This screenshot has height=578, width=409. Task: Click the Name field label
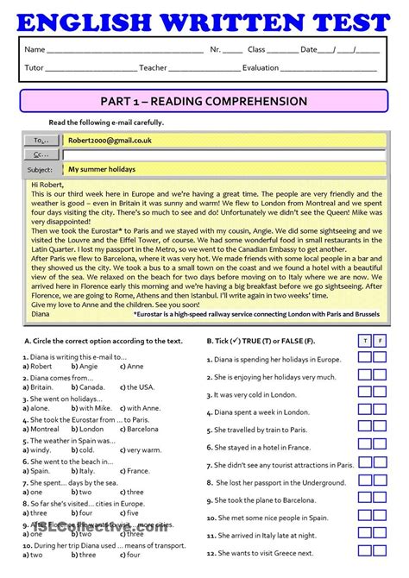[x=35, y=50]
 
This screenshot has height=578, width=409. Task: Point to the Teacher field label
[x=153, y=68]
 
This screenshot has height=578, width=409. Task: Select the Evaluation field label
[x=261, y=68]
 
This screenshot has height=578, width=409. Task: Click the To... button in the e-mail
[x=41, y=140]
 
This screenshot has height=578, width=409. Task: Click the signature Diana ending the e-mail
[x=41, y=314]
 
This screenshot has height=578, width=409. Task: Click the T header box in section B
[x=365, y=341]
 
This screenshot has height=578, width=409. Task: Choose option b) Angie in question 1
[x=84, y=366]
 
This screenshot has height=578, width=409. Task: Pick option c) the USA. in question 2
[x=134, y=388]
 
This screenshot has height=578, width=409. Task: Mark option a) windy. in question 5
[x=36, y=449]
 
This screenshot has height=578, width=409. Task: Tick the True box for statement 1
[x=365, y=358]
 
